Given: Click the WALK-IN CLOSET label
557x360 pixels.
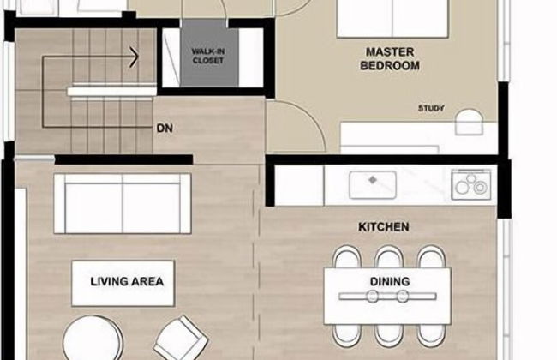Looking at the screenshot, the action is tap(208, 57).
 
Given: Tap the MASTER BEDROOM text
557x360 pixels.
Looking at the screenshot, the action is tap(390, 59).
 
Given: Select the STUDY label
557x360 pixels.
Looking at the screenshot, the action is tap(431, 108).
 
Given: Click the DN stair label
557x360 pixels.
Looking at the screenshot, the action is tap(165, 129).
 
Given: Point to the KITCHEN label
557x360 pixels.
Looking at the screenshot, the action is tap(384, 227).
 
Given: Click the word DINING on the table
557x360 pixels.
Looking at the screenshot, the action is tap(390, 281).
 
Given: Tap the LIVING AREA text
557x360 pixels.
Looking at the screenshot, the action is tap(127, 281).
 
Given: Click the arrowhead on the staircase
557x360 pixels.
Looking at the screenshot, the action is tap(134, 57).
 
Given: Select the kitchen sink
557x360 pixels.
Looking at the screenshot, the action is tap(373, 184).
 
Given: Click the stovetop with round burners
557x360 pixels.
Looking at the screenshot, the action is tap(471, 184).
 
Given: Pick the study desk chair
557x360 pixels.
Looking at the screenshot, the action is tap(470, 123).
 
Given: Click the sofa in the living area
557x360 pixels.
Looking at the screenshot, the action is tap(123, 203).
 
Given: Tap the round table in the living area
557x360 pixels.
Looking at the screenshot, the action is tap(93, 338).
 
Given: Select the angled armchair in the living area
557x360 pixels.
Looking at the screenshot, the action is tap(181, 338).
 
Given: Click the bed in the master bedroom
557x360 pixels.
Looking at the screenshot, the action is tap(392, 19).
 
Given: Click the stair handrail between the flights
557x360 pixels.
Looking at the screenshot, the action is tap(112, 92).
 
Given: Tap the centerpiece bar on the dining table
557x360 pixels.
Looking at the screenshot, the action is tap(387, 296).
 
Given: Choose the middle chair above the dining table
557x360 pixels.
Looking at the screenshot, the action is tap(389, 256).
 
